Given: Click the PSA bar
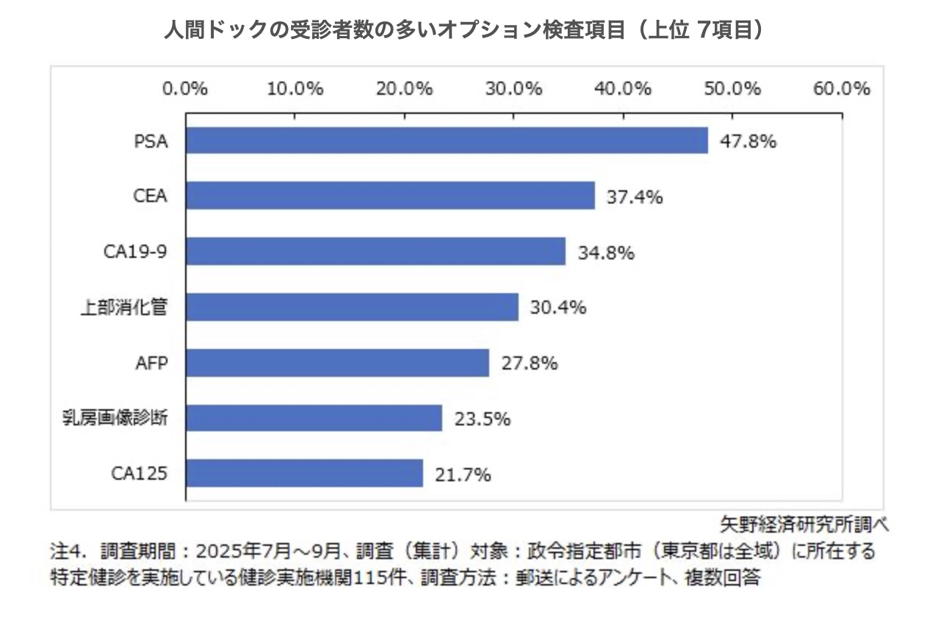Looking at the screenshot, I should [x=446, y=140].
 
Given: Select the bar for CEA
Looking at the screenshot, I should [x=389, y=196].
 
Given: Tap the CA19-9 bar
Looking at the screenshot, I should [x=375, y=251].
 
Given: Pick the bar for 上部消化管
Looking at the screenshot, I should [x=351, y=307].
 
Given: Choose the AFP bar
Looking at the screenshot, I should [x=336, y=363].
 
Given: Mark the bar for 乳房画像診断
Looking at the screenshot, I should [x=313, y=419].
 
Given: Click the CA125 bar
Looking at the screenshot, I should [x=303, y=474].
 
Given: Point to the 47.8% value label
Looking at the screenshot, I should [x=748, y=141].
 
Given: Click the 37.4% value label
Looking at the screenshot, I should [x=635, y=197].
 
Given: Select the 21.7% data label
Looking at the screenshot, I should [x=462, y=475].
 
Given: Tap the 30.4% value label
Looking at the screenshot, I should [x=558, y=308].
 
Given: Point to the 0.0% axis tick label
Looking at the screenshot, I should [x=185, y=89].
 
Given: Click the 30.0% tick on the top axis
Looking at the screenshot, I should [x=513, y=89].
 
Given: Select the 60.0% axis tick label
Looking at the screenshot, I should [x=842, y=89].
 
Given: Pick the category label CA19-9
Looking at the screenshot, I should [x=135, y=252].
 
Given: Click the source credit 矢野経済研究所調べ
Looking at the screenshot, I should [x=804, y=525].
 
